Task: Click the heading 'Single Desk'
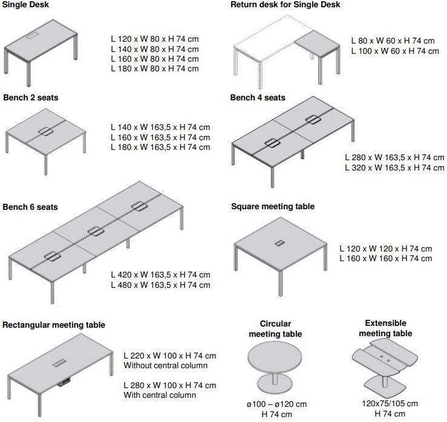click(x=25, y=5)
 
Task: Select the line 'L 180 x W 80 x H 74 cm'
click(x=155, y=68)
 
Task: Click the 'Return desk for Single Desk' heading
click(x=285, y=5)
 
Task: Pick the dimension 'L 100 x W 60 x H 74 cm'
click(x=395, y=51)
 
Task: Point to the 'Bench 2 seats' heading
click(x=31, y=97)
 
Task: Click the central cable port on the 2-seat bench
click(x=45, y=132)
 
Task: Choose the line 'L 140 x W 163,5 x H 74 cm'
click(x=160, y=127)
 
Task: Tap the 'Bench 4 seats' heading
click(x=258, y=97)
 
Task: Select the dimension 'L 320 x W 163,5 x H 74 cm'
click(x=394, y=167)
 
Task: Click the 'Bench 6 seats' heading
click(x=30, y=207)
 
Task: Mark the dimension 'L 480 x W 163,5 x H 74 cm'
click(x=160, y=285)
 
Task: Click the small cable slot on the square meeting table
click(x=279, y=243)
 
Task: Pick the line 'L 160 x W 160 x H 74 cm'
click(x=386, y=258)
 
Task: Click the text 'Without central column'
click(x=166, y=365)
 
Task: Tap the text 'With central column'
click(x=160, y=395)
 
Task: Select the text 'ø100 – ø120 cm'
click(x=276, y=404)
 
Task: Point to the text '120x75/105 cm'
click(x=390, y=403)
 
